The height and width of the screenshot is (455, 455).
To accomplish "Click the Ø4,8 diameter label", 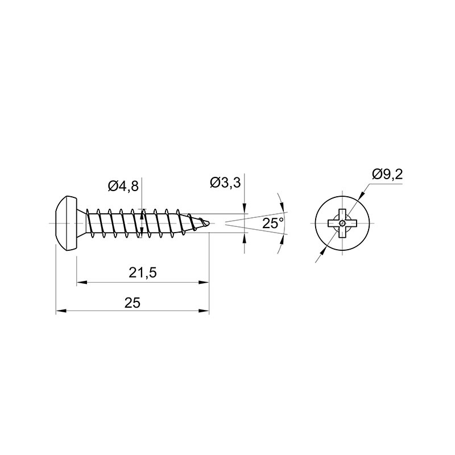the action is (x=123, y=186).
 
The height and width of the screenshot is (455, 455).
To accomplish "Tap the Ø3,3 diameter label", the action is (x=225, y=183).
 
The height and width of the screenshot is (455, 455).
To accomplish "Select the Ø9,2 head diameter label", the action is (x=388, y=175).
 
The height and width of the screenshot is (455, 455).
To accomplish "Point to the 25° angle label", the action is (x=273, y=224).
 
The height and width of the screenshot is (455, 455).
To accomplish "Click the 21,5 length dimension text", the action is (x=143, y=273).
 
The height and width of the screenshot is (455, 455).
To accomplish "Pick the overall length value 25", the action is (x=133, y=303).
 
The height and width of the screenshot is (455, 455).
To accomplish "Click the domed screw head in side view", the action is (x=66, y=223).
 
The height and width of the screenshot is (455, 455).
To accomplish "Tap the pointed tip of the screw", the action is (x=209, y=223).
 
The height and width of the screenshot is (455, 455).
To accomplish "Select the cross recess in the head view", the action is (x=342, y=223).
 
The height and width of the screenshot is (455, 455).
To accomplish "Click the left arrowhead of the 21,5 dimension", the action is (x=82, y=282).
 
